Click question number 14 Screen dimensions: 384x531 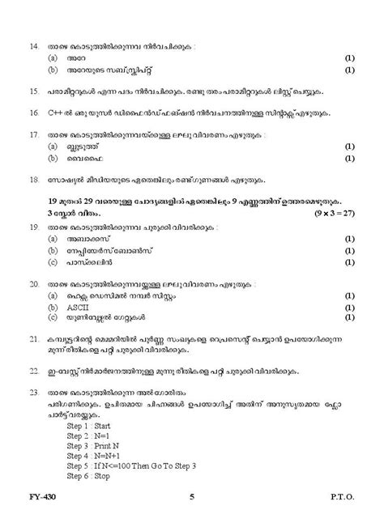(x=34, y=47)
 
